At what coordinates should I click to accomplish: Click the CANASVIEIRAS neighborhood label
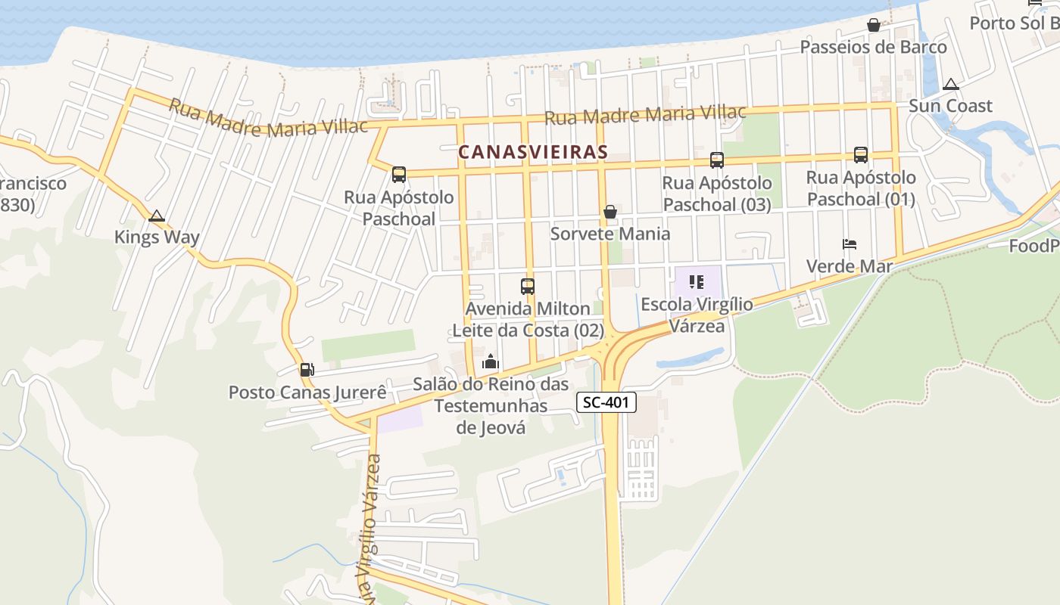tap(532, 152)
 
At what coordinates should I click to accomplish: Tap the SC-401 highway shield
tap(606, 402)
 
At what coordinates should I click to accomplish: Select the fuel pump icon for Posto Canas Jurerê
tap(307, 370)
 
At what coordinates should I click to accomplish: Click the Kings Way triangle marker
tap(157, 216)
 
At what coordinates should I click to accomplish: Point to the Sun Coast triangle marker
tap(950, 84)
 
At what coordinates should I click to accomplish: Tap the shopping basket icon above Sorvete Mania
tap(609, 212)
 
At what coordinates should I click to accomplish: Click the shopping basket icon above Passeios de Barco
tap(873, 25)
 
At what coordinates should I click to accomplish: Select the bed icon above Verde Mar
tap(850, 244)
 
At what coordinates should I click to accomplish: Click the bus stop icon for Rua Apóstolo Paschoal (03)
tap(716, 160)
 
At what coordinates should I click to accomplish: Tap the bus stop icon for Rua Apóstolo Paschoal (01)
tap(860, 155)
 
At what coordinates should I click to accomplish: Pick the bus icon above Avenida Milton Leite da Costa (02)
tap(528, 287)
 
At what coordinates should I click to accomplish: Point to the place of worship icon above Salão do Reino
tap(491, 362)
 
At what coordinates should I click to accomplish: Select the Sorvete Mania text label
tap(609, 234)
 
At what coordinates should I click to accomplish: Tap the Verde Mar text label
tap(849, 266)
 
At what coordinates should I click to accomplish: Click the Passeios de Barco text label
tap(873, 47)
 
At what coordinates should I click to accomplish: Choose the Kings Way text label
tap(157, 237)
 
